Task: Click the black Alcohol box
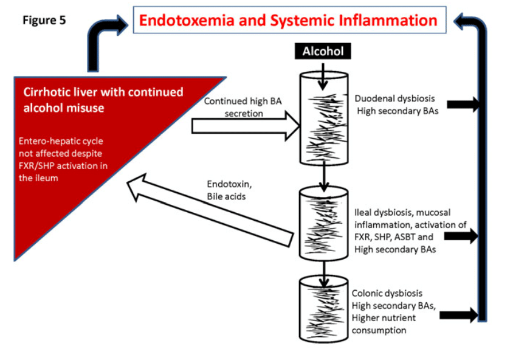tap(323, 51)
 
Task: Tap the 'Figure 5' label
tap(44, 20)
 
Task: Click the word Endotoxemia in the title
tap(187, 20)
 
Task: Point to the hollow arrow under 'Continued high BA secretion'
tap(246, 126)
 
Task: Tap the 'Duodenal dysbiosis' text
tap(394, 99)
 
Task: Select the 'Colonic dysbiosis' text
tap(387, 293)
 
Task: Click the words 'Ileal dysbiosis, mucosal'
tap(402, 213)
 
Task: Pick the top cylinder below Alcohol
tap(324, 118)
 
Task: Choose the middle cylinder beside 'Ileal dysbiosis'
tap(323, 224)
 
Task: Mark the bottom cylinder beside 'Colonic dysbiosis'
tap(323, 309)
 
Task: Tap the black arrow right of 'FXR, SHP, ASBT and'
tap(461, 236)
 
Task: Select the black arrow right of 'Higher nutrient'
tap(459, 315)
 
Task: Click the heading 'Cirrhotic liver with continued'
tap(103, 92)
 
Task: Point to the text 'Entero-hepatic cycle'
tap(61, 141)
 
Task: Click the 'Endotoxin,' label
tap(229, 184)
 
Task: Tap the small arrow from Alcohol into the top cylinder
tap(323, 77)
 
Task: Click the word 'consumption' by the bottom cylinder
tap(379, 330)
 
